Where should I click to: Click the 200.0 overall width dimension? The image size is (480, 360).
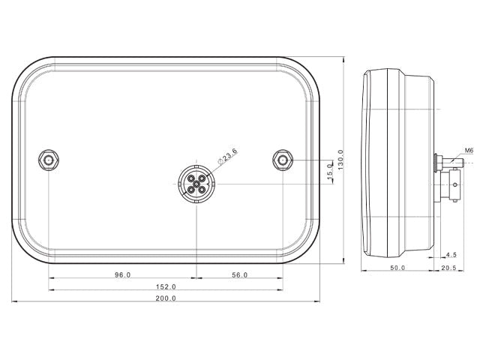click(166, 298)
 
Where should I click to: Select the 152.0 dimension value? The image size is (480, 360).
click(166, 286)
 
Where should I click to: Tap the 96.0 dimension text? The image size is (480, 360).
click(122, 275)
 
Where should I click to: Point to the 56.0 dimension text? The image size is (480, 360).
click(240, 275)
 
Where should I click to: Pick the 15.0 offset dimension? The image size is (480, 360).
click(330, 171)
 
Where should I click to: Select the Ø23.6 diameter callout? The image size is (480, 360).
click(226, 156)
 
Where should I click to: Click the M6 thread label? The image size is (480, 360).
click(469, 150)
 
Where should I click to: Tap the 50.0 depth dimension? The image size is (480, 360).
click(397, 268)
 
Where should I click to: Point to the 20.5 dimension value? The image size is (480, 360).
click(448, 268)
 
